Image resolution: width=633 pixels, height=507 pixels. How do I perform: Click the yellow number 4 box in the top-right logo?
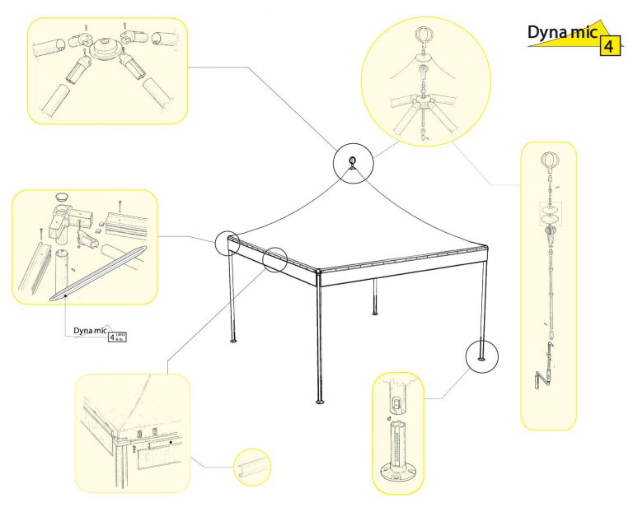pos(607,45)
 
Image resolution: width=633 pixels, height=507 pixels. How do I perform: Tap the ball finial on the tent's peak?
pos(353,160)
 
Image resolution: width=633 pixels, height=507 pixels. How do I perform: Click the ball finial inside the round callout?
pos(423,36)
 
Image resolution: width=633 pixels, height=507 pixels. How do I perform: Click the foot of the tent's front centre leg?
pos(320,402)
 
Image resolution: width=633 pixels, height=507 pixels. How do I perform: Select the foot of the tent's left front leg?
pos(234,342)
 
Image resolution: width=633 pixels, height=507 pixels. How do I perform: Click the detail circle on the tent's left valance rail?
pos(274,260)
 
